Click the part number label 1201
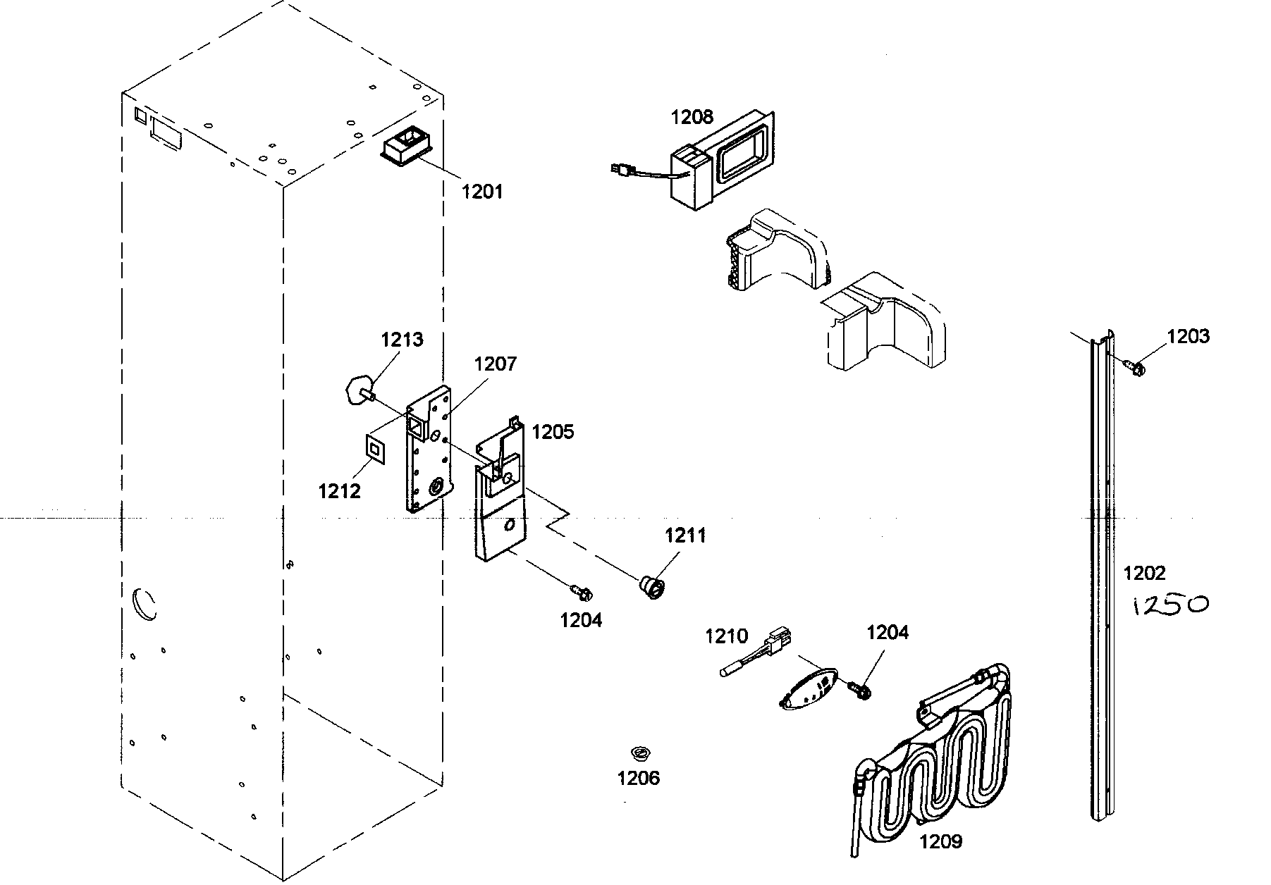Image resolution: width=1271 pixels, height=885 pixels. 482,190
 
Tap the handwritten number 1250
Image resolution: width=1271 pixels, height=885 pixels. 1169,605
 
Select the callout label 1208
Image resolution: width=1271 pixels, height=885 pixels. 692,117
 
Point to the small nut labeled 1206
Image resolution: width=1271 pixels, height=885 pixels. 640,753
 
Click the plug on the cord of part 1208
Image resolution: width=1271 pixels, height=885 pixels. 620,168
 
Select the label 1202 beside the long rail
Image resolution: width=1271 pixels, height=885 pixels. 1144,573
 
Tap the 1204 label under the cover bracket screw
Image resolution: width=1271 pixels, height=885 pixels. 581,620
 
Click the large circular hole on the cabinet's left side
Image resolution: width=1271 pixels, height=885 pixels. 145,603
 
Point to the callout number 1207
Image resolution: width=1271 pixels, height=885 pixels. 495,364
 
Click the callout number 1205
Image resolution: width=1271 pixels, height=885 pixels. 553,431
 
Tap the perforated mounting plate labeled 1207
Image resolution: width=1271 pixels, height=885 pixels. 426,458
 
